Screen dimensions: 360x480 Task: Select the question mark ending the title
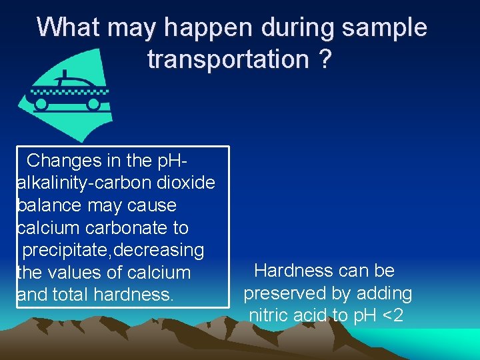pos(324,59)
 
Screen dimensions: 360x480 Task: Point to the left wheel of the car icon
pos(41,104)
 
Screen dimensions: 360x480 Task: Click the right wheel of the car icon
pos(94,104)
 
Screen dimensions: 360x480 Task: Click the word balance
pos(49,205)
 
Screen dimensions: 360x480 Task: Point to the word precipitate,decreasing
pos(113,250)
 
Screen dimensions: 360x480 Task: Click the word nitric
pos(268,315)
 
